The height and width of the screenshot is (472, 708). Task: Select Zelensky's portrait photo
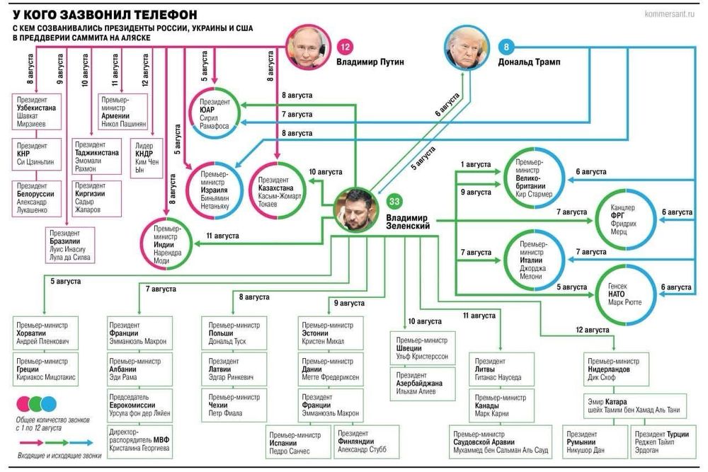point(356,209)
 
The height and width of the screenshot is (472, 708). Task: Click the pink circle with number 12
point(346,48)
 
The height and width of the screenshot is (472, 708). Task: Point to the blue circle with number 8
point(506,48)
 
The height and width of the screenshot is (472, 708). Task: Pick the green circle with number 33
point(394,201)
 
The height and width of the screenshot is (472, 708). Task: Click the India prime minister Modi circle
point(167,243)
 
